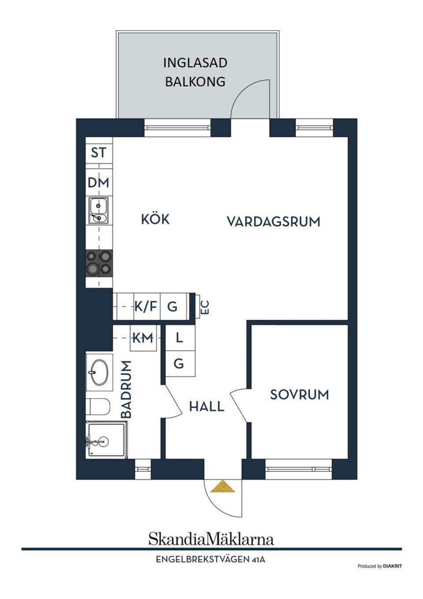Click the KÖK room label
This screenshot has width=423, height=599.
[x=155, y=219]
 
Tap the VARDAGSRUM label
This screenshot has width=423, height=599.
[x=273, y=221]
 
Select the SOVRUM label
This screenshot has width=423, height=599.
[x=299, y=394]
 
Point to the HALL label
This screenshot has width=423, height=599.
[x=207, y=406]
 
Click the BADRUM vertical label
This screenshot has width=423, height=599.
[x=126, y=389]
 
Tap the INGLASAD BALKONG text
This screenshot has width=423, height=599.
[x=195, y=72]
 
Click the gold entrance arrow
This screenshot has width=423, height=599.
[x=223, y=486]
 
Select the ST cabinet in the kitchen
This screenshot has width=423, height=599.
[x=99, y=152]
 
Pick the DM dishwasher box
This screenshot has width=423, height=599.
[x=98, y=182]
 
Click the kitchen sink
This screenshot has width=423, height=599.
[x=98, y=211]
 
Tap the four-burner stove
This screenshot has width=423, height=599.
[x=99, y=263]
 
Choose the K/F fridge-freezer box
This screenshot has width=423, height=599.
[x=146, y=306]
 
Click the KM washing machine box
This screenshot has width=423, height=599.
[x=143, y=338]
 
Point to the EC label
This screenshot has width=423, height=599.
[x=204, y=307]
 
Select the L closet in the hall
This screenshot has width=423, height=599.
[x=179, y=338]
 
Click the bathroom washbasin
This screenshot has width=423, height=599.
[x=99, y=373]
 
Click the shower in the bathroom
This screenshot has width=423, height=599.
[x=105, y=440]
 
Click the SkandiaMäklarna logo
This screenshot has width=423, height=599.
[x=211, y=539]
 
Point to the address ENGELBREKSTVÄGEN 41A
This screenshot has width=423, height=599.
[x=211, y=560]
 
